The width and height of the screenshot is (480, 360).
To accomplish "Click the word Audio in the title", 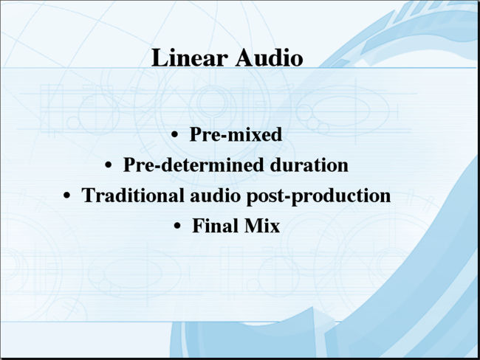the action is [x=270, y=58].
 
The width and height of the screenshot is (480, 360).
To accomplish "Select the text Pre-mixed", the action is [x=236, y=134].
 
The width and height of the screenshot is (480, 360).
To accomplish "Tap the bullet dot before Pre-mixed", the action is [x=175, y=134].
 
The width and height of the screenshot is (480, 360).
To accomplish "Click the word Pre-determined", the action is [x=193, y=165].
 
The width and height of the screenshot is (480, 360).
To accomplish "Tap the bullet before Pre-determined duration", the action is [x=108, y=165].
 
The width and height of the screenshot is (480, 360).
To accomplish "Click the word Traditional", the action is [x=133, y=195].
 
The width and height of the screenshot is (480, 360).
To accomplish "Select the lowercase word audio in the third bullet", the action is [x=215, y=195].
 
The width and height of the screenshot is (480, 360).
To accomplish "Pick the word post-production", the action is [x=319, y=196].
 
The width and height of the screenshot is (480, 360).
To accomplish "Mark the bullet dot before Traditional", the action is [x=66, y=195].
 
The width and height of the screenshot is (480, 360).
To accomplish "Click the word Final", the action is [x=216, y=226].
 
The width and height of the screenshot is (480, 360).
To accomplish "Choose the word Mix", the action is [x=262, y=226].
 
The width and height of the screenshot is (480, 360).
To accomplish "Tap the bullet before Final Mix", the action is [x=177, y=226].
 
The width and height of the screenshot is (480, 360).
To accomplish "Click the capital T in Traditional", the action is [x=88, y=195].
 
